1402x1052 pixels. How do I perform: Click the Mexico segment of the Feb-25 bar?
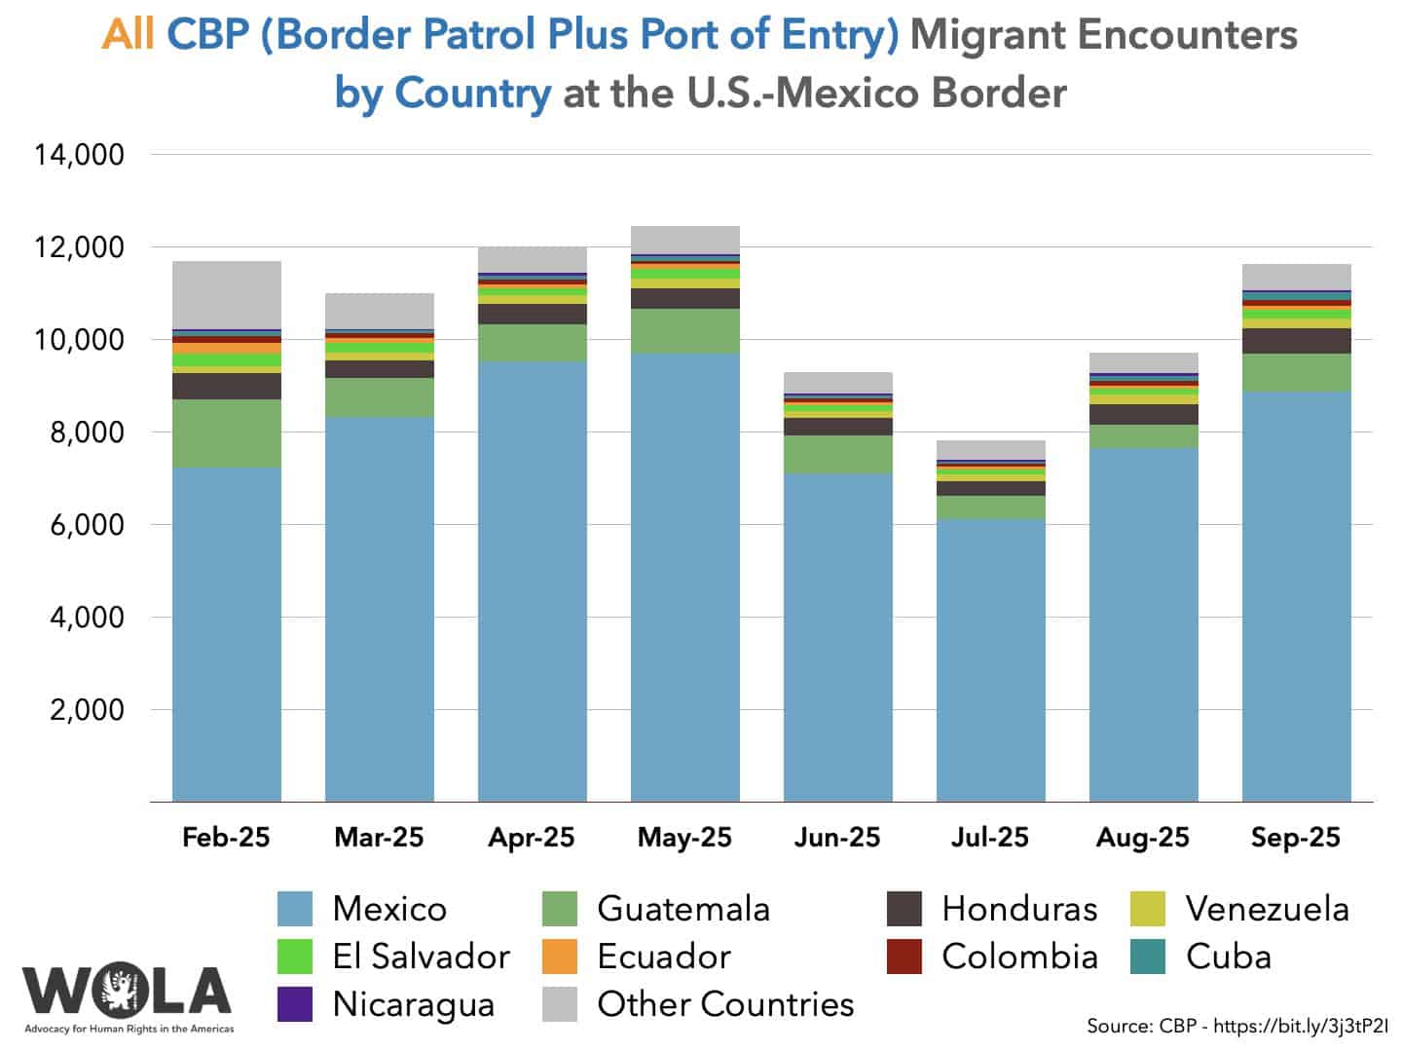tap(226, 633)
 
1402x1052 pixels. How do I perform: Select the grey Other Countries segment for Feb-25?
tap(226, 295)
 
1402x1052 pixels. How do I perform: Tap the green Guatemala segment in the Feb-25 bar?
tap(226, 433)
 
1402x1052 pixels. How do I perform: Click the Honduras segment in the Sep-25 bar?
tap(1296, 341)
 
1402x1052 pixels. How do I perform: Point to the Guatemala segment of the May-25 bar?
tap(684, 331)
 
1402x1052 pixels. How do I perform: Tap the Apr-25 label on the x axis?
tap(532, 838)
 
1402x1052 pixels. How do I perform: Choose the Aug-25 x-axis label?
tap(1143, 838)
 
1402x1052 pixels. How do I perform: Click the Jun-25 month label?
tap(837, 838)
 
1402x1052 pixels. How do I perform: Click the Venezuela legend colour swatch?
tap(1148, 909)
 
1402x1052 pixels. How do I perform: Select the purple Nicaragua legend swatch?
tap(295, 1004)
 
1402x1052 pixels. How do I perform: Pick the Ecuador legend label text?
tap(664, 957)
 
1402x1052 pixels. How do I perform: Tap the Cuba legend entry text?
tap(1229, 957)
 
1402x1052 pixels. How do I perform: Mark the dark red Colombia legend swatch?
tap(904, 957)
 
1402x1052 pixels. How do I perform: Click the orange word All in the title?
tap(129, 35)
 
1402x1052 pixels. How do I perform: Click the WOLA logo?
tap(128, 994)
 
